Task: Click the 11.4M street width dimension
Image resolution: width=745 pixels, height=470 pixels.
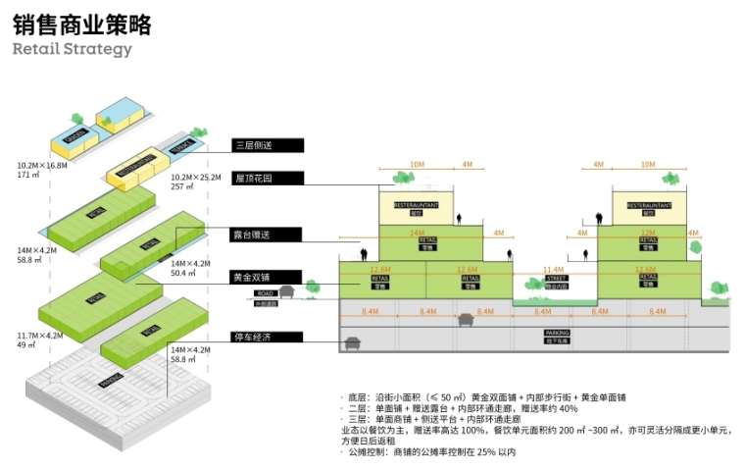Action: (x=554, y=268)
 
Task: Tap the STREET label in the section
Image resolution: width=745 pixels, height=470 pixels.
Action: (x=555, y=280)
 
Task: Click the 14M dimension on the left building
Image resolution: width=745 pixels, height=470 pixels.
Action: (x=416, y=233)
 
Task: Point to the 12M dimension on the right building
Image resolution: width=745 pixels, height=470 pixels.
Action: (x=647, y=233)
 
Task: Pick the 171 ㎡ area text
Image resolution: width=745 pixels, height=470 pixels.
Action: (x=27, y=175)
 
